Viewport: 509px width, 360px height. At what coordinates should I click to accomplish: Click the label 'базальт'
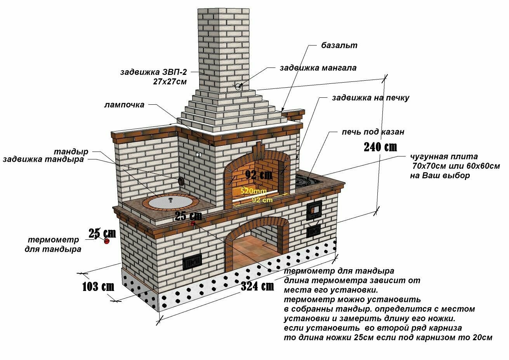click(339, 45)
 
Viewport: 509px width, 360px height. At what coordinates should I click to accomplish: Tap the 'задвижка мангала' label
click(318, 68)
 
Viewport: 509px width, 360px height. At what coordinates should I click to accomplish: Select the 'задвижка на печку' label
click(370, 98)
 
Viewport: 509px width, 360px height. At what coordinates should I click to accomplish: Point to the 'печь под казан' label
click(373, 132)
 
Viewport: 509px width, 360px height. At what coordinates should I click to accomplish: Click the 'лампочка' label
click(124, 105)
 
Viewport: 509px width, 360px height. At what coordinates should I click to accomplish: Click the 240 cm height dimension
click(380, 147)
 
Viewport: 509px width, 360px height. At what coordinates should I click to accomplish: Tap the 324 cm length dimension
click(257, 286)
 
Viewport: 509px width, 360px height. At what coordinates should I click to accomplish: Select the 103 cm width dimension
click(98, 287)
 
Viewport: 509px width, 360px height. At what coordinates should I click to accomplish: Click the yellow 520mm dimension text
click(253, 191)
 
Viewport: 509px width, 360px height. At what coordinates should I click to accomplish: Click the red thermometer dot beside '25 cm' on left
click(106, 241)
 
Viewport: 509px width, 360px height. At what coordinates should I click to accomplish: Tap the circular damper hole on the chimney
click(238, 86)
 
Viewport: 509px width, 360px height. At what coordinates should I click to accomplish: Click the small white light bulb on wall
click(198, 154)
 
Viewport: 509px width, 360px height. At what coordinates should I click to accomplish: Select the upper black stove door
click(314, 211)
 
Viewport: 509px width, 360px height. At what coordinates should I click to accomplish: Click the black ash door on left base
click(192, 262)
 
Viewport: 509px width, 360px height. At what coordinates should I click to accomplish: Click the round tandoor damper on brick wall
click(181, 181)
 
